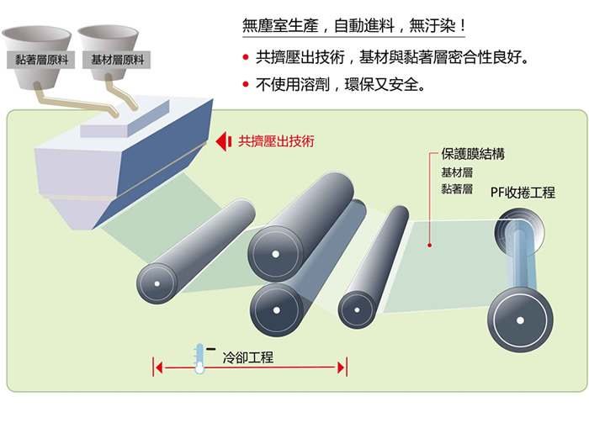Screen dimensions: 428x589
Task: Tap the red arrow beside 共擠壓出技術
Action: (224, 142)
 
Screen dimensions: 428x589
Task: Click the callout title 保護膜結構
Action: (469, 155)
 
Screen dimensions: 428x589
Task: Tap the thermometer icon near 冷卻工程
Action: (199, 357)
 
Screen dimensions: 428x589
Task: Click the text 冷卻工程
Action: (248, 357)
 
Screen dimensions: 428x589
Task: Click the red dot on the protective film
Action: (430, 246)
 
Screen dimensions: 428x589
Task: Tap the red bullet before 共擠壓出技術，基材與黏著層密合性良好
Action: (245, 58)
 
